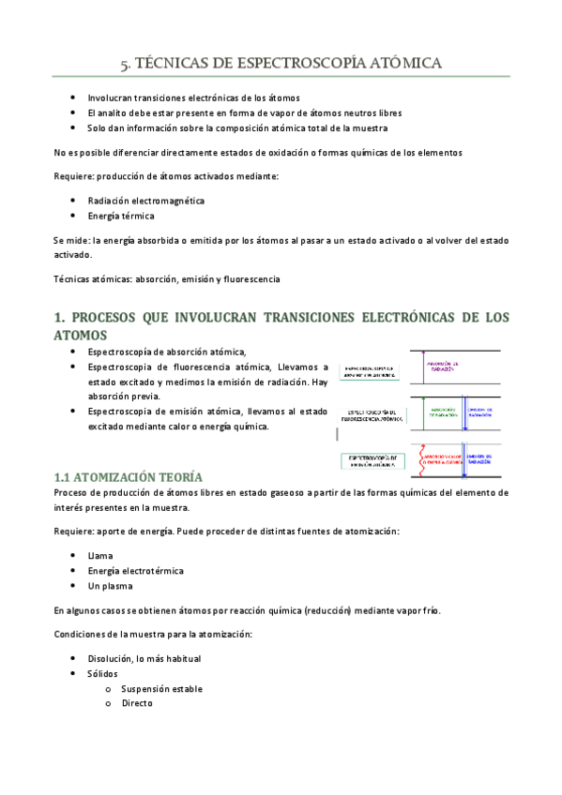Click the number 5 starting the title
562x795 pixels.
[x=125, y=65]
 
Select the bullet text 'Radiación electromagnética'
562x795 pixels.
[x=145, y=201]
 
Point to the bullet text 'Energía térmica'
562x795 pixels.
[x=120, y=216]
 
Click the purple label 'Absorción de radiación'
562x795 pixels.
[x=441, y=367]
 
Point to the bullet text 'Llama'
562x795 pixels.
[x=100, y=556]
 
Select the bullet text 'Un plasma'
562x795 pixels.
[x=110, y=586]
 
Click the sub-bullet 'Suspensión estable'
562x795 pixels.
[x=161, y=688]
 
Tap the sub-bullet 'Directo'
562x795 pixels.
[x=137, y=703]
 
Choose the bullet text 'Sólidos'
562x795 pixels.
[x=103, y=673]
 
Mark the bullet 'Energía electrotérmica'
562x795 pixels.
[x=135, y=571]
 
